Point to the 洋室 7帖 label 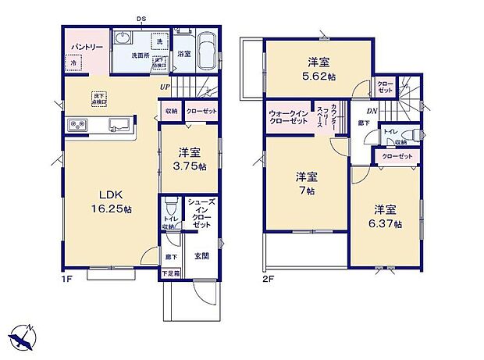305,184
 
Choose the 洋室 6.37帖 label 386,216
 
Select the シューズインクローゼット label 200,214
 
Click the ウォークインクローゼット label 288,117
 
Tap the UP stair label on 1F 165,87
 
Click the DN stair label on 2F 373,111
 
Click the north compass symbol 23,337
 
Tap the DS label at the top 142,20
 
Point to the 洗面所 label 141,56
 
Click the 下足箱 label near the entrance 169,273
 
